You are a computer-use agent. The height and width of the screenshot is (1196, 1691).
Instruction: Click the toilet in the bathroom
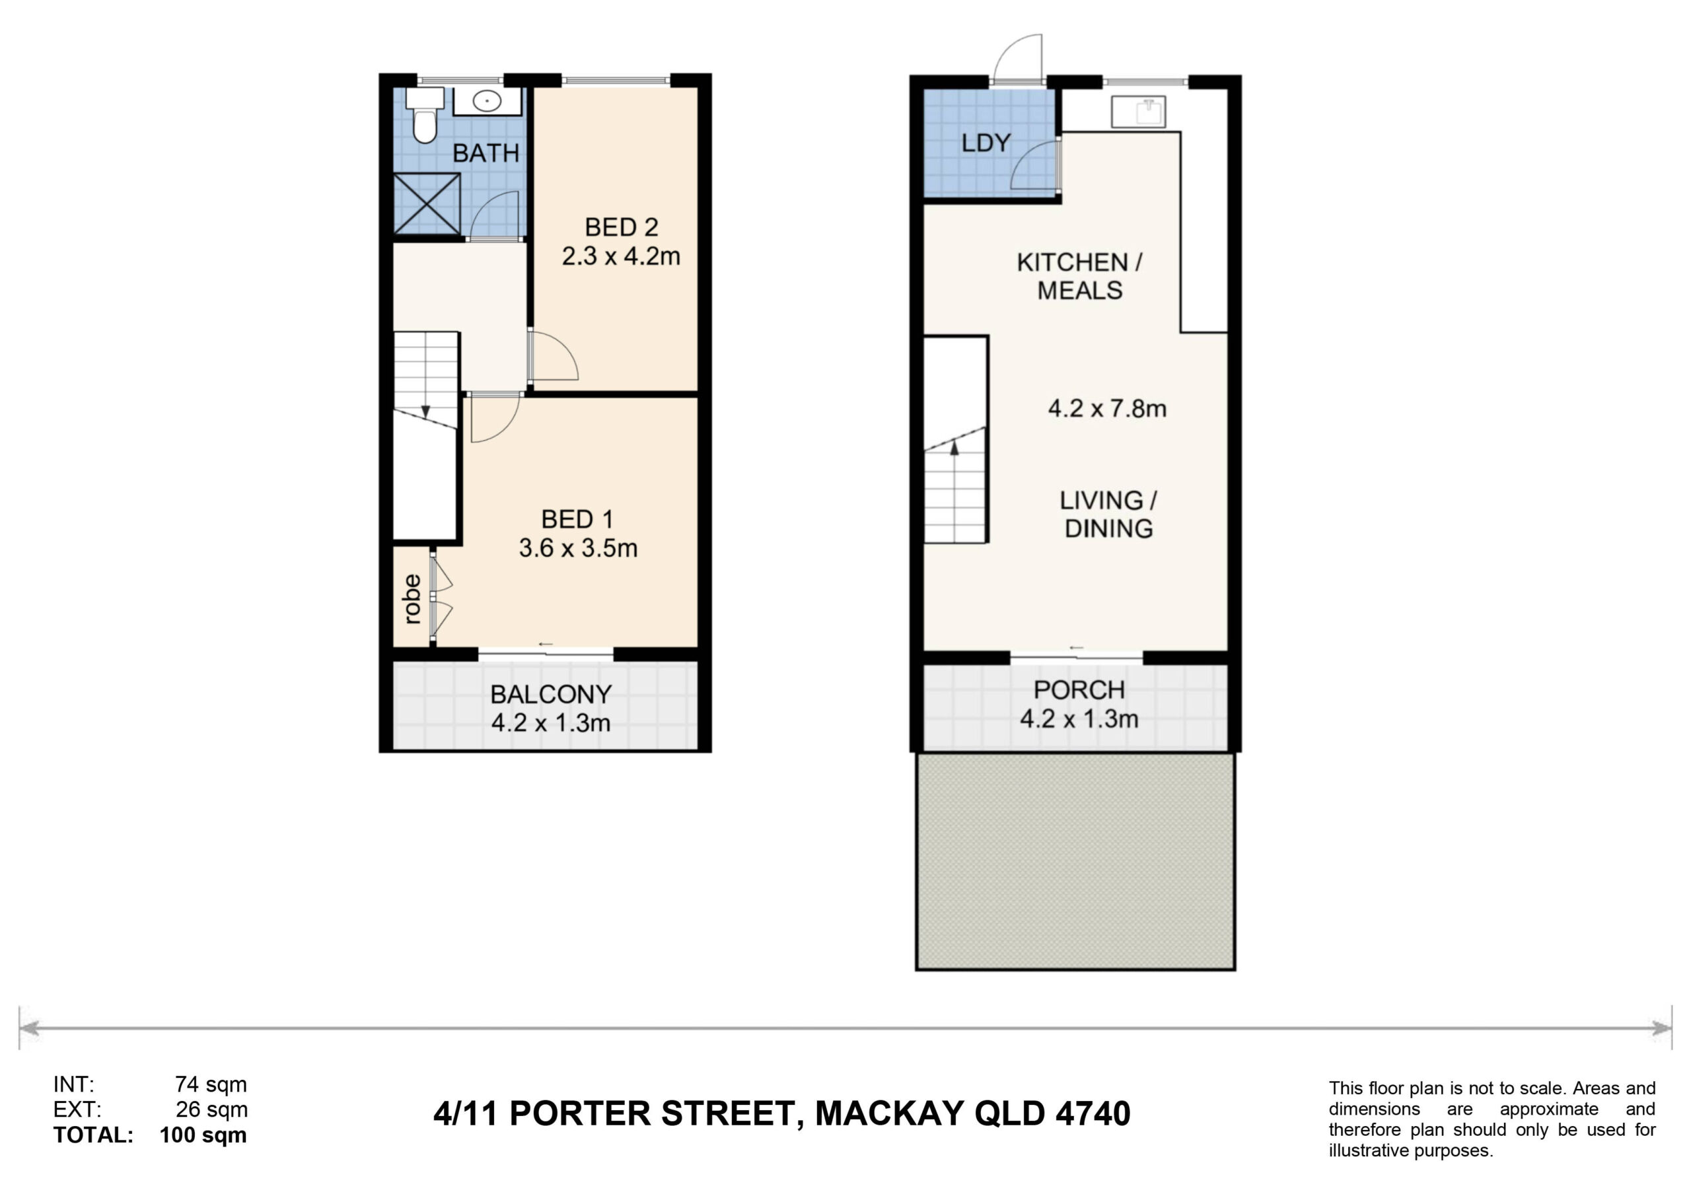(425, 115)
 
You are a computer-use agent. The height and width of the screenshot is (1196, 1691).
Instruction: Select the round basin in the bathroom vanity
(487, 101)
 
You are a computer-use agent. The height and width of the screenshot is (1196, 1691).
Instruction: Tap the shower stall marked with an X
(427, 204)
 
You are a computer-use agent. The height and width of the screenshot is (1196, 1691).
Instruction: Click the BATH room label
(486, 153)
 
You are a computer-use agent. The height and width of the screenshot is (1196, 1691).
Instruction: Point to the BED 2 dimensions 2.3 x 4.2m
(621, 256)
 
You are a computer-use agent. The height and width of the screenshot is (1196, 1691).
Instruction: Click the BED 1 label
(577, 519)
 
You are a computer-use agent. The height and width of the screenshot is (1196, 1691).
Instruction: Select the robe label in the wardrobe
(412, 599)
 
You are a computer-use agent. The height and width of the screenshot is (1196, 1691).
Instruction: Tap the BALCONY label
(551, 693)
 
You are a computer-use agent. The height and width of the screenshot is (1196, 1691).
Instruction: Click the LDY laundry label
(986, 142)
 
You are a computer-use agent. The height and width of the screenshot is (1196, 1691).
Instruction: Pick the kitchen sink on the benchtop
(1138, 112)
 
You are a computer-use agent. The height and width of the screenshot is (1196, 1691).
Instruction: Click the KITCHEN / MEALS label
(1080, 276)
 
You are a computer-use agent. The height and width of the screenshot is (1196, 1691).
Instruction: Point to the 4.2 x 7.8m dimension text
(1107, 408)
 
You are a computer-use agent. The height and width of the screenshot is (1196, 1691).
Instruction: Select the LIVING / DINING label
(1108, 514)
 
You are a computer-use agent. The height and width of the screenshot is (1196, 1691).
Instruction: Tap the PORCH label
(1079, 690)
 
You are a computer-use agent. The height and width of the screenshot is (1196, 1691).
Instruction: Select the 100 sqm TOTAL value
(203, 1134)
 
